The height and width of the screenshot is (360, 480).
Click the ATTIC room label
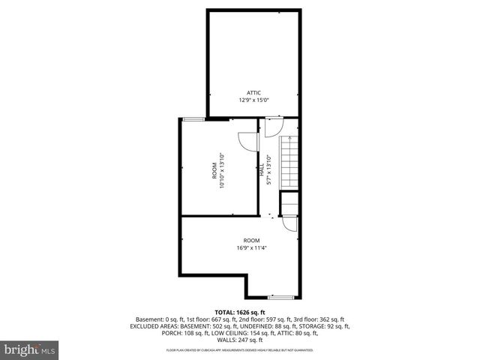(x=253, y=92)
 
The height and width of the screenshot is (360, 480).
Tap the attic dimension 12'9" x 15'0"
(x=253, y=100)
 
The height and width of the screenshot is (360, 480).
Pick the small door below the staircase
(x=289, y=223)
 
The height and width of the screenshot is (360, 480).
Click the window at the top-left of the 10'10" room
(x=194, y=118)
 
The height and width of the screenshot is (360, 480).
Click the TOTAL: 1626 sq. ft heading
(x=240, y=311)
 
